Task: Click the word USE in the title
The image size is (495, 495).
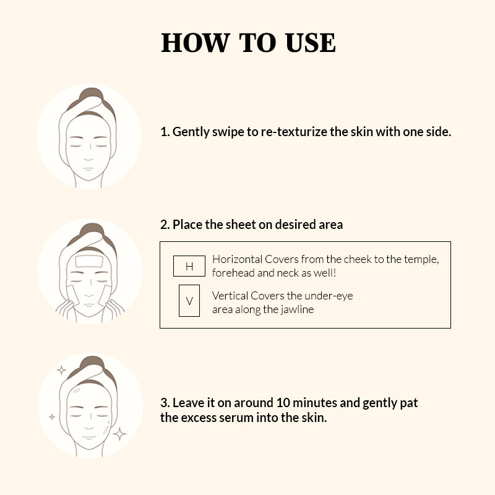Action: coord(311,43)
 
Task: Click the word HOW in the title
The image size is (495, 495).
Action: coord(196,43)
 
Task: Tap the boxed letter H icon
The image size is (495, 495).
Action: coord(189,266)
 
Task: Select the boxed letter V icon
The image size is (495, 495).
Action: coord(189,301)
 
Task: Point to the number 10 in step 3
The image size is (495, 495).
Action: coord(283,403)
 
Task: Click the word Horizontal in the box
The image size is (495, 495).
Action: coord(238,259)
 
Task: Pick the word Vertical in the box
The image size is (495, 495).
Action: coord(230,296)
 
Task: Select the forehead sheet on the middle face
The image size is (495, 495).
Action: coord(89,261)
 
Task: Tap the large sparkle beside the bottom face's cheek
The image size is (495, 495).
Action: coord(119,434)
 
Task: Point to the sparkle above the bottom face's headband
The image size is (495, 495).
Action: coord(61,370)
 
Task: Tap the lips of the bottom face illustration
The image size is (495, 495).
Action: coord(89,437)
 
